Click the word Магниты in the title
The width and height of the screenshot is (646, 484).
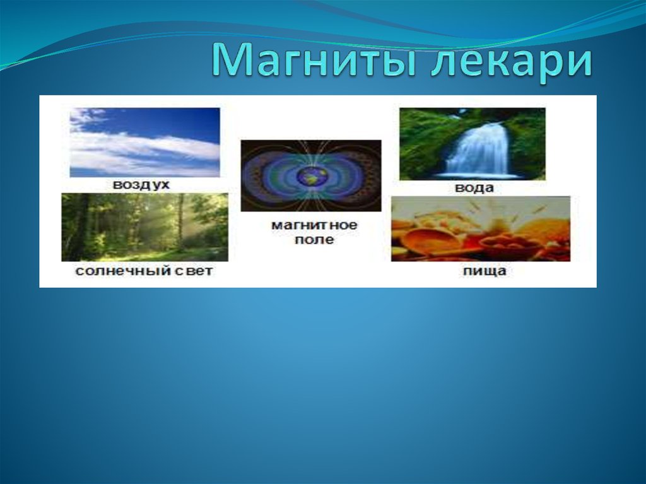tap(315, 61)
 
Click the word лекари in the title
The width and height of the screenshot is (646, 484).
tap(512, 62)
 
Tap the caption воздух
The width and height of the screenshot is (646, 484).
tap(141, 185)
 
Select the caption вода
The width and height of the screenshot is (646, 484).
tap(474, 188)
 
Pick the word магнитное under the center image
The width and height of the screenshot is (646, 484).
tap(314, 225)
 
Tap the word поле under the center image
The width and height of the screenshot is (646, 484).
tap(314, 240)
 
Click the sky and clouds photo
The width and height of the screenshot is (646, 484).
tap(144, 143)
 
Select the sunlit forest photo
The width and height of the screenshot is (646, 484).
tap(144, 227)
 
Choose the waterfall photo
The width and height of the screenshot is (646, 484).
tap(473, 144)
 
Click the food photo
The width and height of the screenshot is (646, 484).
tap(481, 229)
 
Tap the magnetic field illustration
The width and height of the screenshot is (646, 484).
tap(311, 176)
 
